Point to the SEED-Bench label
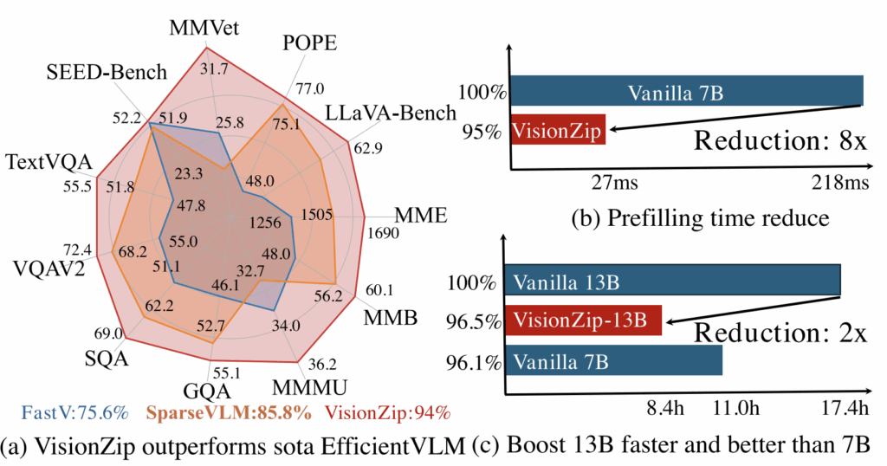pyautogui.click(x=107, y=73)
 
